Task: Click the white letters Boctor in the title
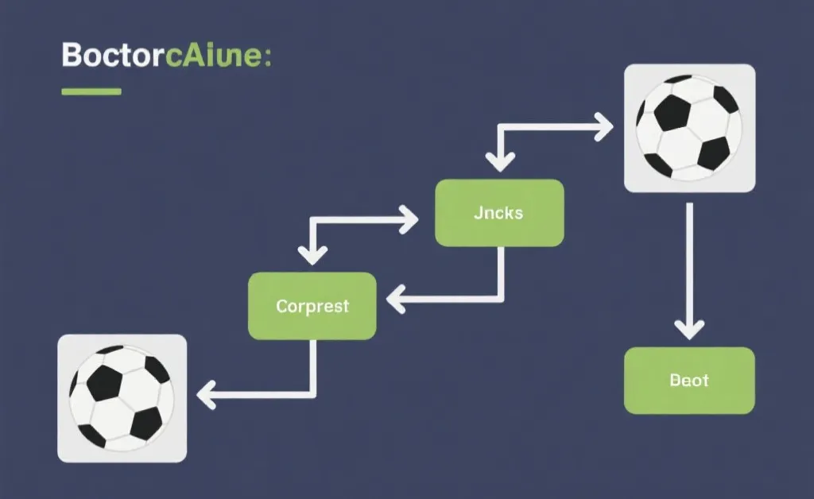[x=110, y=58]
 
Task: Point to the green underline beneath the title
[x=91, y=91]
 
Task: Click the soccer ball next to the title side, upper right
[x=689, y=127]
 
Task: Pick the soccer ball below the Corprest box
[x=122, y=397]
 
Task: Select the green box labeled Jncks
[x=499, y=212]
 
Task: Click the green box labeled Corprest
[x=312, y=306]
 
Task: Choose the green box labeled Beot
[x=689, y=380]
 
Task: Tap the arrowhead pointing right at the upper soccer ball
[x=604, y=127]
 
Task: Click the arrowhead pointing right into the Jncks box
[x=409, y=219]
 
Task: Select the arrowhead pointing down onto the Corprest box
[x=312, y=254]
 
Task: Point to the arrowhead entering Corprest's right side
[x=396, y=300]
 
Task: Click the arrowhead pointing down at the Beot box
[x=689, y=328]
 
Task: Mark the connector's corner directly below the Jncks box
[x=500, y=300]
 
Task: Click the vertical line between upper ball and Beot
[x=689, y=254]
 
